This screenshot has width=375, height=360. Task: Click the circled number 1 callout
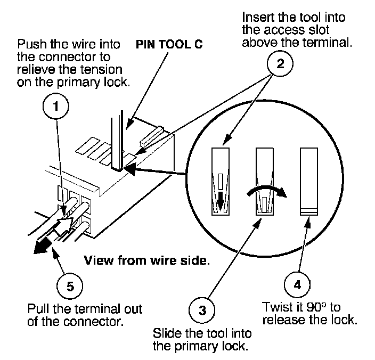pyautogui.click(x=56, y=106)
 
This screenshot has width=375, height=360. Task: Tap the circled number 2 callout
pyautogui.click(x=280, y=63)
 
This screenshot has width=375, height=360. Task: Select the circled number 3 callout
pyautogui.click(x=202, y=310)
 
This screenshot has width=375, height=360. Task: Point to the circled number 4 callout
pyautogui.click(x=297, y=285)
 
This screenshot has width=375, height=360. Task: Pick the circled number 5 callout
pyautogui.click(x=70, y=286)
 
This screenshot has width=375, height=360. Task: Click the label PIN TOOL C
pyautogui.click(x=169, y=44)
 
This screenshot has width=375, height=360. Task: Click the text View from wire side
pyautogui.click(x=147, y=260)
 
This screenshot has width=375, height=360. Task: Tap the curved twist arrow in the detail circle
pyautogui.click(x=267, y=187)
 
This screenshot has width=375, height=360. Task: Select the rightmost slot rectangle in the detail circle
pyautogui.click(x=309, y=182)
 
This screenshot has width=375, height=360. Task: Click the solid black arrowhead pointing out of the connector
pyautogui.click(x=43, y=246)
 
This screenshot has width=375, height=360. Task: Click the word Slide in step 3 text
pyautogui.click(x=167, y=333)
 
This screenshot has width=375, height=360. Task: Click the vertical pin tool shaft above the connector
pyautogui.click(x=117, y=140)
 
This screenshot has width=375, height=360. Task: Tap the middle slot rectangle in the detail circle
pyautogui.click(x=265, y=182)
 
